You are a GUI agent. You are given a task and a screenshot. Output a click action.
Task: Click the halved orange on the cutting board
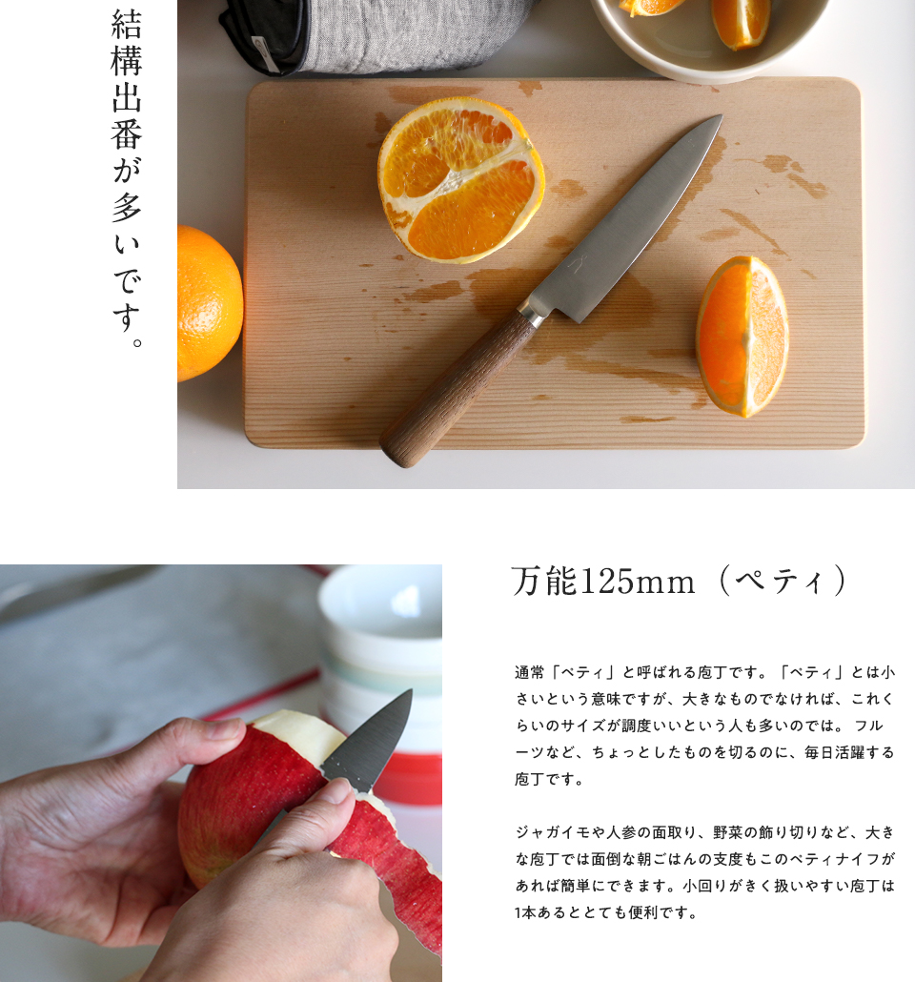pos(460,180)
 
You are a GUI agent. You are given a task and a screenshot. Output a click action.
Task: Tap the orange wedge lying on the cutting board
pos(742,336)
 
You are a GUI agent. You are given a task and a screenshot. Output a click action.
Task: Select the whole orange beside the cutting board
pos(208,304)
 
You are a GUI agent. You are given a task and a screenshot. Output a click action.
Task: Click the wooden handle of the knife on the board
pos(457,388)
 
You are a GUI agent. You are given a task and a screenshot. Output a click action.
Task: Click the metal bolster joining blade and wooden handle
pos(531,313)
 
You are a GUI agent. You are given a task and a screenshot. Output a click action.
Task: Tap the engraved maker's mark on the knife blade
pos(575,264)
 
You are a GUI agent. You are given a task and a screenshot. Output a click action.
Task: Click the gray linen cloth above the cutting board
pos(376,34)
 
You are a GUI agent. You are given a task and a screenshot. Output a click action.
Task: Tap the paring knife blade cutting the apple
pos(370,739)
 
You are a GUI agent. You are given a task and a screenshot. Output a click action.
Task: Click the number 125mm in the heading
pos(638,582)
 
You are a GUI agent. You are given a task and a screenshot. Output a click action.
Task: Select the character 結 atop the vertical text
pos(127,24)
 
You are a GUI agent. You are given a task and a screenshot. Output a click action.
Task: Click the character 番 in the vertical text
pos(127,134)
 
